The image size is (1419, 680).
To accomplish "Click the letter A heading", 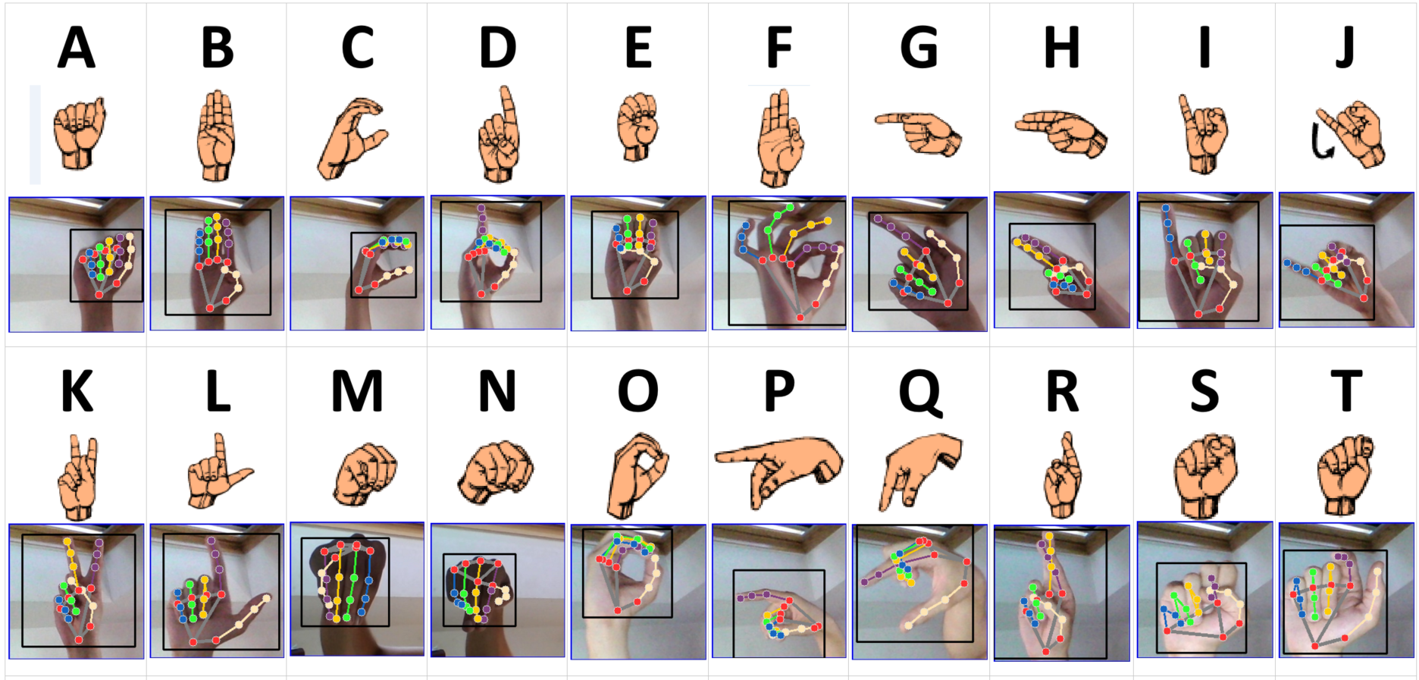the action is click(77, 48).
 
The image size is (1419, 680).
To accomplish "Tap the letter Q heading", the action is click(920, 393).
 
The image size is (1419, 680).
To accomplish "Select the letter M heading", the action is click(358, 391).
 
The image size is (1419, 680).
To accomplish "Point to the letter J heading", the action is click(1344, 48).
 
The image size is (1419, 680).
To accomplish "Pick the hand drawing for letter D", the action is click(500, 135).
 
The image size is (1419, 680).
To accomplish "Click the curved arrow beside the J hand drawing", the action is click(1322, 143).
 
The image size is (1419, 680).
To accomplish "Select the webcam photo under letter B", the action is click(217, 263).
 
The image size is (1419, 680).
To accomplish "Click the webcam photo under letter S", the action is click(1204, 590).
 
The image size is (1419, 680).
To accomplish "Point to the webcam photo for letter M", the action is click(357, 589).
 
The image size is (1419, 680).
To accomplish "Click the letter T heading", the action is click(1345, 391).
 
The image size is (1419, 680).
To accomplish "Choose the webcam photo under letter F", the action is click(779, 263).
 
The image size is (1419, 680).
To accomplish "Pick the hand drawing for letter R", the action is click(1063, 475).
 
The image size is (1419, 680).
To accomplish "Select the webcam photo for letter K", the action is click(77, 591).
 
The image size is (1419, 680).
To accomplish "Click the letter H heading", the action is click(1061, 48).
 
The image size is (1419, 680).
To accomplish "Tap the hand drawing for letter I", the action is click(1203, 135).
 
